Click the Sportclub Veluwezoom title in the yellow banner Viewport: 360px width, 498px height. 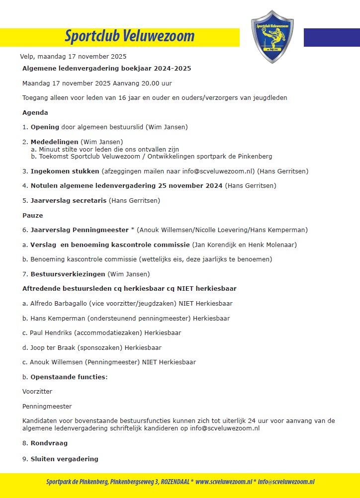pyautogui.click(x=129, y=36)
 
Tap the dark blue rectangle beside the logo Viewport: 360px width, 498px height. pyautogui.click(x=331, y=37)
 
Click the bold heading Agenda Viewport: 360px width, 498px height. pyautogui.click(x=35, y=112)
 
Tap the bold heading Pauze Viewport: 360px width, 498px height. pyautogui.click(x=33, y=215)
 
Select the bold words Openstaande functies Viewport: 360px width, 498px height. pyautogui.click(x=68, y=377)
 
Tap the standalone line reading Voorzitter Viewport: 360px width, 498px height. pyautogui.click(x=37, y=391)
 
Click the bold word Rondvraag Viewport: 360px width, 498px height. pyautogui.click(x=49, y=443)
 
